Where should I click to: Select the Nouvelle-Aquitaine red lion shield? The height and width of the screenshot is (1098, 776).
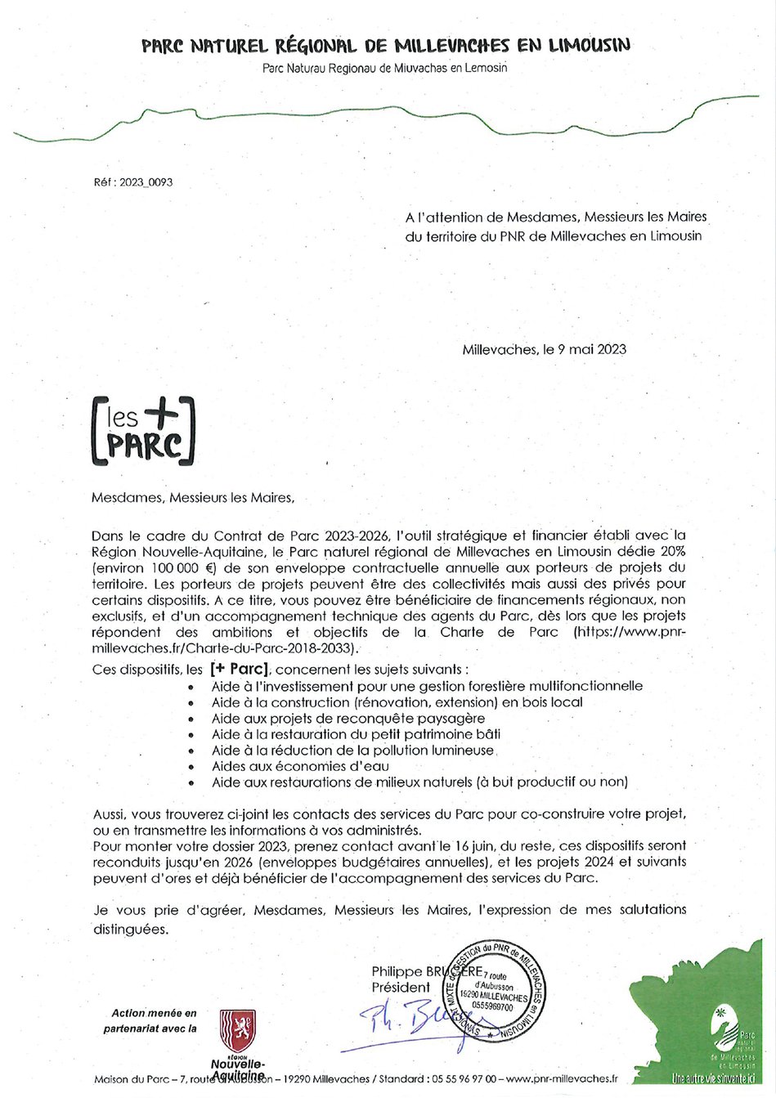pyautogui.click(x=238, y=1031)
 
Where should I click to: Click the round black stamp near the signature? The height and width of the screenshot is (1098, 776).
pyautogui.click(x=493, y=991)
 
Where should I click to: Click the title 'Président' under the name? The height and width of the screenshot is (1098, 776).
pyautogui.click(x=401, y=988)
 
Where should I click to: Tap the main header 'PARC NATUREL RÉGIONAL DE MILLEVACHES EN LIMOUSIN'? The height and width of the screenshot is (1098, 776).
pyautogui.click(x=386, y=46)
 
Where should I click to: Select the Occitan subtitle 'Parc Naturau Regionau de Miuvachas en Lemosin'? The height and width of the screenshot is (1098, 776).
pyautogui.click(x=385, y=68)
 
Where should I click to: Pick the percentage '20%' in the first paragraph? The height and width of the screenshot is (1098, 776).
pyautogui.click(x=671, y=551)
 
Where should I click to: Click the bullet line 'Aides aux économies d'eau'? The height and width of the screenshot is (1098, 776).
pyautogui.click(x=300, y=766)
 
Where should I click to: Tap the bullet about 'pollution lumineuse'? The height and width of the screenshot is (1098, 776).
pyautogui.click(x=352, y=750)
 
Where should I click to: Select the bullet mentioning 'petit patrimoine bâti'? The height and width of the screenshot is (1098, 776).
pyautogui.click(x=356, y=734)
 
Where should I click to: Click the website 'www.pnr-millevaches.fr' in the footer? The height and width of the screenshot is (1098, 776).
pyautogui.click(x=562, y=1079)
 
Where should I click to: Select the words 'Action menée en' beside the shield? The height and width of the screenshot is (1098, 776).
pyautogui.click(x=154, y=1013)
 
